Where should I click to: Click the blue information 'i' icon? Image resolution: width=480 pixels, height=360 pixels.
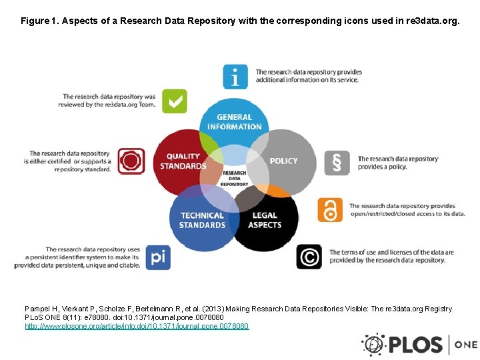click(x=235, y=77)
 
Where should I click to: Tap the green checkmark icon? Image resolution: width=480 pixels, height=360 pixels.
click(x=175, y=101)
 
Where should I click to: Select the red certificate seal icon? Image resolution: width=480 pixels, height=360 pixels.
click(x=131, y=161)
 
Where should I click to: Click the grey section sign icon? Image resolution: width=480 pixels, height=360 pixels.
click(x=337, y=163)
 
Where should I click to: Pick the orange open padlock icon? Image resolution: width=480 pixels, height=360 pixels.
click(x=330, y=210)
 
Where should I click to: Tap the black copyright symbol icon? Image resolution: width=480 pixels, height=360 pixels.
click(x=309, y=257)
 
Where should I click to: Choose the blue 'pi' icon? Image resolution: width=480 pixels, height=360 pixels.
click(x=157, y=256)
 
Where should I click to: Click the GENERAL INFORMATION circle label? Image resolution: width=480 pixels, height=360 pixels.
click(x=235, y=122)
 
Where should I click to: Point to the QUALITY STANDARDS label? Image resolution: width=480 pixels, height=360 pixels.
click(x=183, y=161)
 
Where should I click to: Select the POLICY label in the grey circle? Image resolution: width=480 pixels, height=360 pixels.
click(x=283, y=161)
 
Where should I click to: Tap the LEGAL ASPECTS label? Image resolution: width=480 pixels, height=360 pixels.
click(x=265, y=220)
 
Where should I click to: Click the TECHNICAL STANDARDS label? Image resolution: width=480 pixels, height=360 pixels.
click(x=202, y=220)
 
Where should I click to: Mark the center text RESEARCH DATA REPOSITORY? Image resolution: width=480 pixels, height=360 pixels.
click(x=235, y=178)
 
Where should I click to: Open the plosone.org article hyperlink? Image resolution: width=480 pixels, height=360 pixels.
click(x=137, y=326)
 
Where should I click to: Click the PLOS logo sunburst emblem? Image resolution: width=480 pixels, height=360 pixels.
click(x=373, y=345)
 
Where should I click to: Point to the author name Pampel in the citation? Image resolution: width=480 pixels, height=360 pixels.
click(x=39, y=309)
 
